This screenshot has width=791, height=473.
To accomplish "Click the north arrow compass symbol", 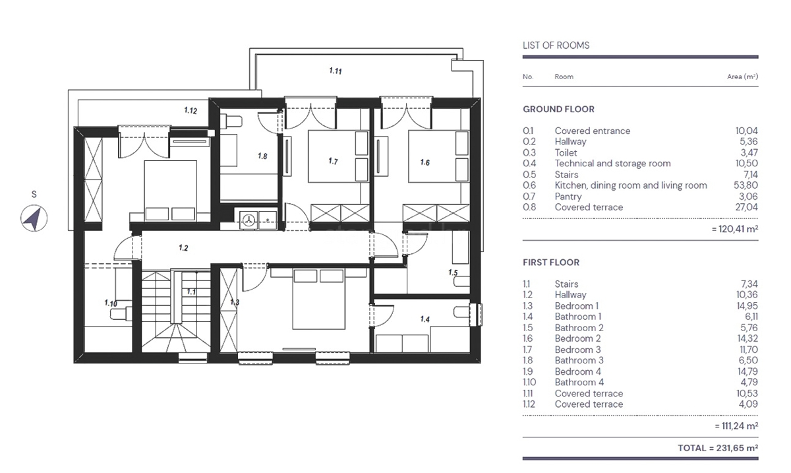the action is pos(34,218).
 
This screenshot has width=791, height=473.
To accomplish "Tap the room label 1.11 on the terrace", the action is pos(335,71).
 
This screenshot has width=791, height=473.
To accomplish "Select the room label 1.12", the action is pos(190,110).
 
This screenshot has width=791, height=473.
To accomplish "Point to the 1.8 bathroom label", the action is pos(262,156).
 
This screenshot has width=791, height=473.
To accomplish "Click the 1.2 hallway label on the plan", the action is pos(183,248).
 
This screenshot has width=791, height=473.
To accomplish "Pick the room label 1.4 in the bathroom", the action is pos(425,319).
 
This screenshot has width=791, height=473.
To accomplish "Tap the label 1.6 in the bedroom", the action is pos(425,162).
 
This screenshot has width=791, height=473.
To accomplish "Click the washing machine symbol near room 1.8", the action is pos(249,220).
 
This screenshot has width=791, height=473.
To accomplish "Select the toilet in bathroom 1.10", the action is pos(121,313).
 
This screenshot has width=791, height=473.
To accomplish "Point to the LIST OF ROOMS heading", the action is pos(556,46).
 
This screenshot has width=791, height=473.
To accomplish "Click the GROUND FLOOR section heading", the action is pos(558,110).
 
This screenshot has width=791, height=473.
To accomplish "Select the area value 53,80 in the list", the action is pos(746,185).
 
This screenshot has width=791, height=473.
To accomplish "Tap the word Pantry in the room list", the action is pos(568,196).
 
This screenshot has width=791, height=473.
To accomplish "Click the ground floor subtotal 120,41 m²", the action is pos(735,229).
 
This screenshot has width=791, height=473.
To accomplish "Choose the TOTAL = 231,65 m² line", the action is pos(718,448).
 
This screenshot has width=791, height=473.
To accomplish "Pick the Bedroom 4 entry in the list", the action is pos(577,371).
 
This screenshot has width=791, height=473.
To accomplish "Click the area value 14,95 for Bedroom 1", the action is pos(747,305).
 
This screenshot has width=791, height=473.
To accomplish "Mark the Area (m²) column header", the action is pos(742,77).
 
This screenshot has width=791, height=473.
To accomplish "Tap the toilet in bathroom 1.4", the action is pos(462,312).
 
